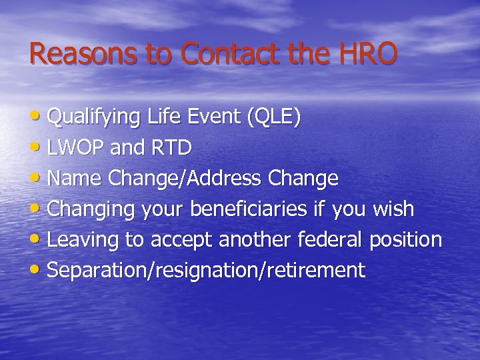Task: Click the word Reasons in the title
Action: [x=85, y=54]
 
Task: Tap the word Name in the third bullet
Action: [x=74, y=179]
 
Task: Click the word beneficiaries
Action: [x=251, y=209]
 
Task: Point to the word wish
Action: [x=393, y=209]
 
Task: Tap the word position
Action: [x=406, y=240]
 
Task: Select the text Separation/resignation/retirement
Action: [x=207, y=271]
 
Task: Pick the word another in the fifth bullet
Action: [x=251, y=239]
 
